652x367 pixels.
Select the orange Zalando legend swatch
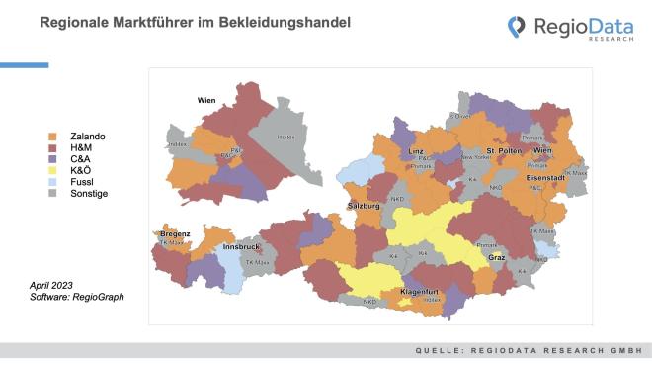53,136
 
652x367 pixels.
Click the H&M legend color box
53,147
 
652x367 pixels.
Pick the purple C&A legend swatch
53,159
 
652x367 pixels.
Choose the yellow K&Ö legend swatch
53,170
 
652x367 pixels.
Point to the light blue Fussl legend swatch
53,182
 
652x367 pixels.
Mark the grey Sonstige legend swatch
53,194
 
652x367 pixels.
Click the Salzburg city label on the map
364,206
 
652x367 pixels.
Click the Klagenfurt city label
419,292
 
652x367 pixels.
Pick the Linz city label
416,151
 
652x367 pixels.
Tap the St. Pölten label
503,150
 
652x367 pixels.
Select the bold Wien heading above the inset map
205,99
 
